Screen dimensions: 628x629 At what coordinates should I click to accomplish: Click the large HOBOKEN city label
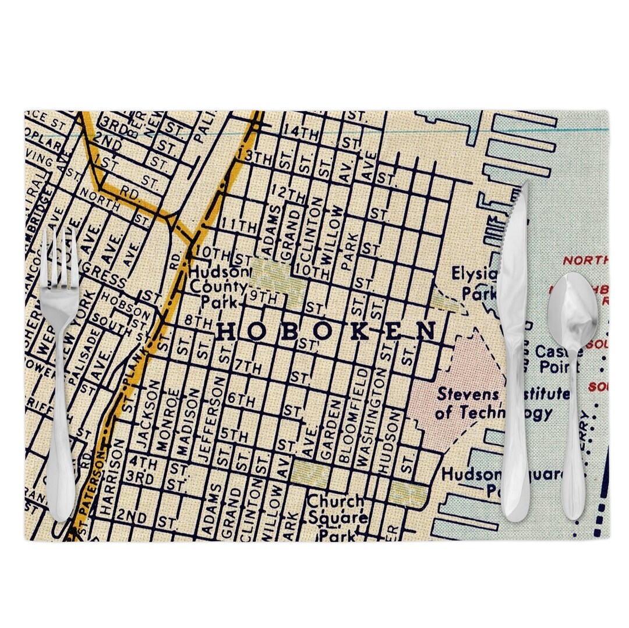pyautogui.click(x=327, y=332)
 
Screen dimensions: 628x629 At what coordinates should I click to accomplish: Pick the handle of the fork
pyautogui.click(x=61, y=466)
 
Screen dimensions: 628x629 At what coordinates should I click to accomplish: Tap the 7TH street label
pyautogui.click(x=248, y=367)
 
